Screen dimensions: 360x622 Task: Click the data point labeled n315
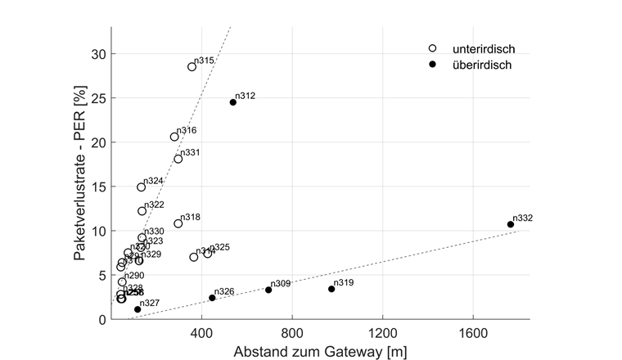click(192, 67)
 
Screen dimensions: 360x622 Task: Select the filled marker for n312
click(233, 102)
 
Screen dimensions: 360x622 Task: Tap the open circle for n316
click(174, 137)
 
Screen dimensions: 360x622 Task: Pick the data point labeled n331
click(178, 159)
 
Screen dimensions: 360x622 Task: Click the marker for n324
click(142, 187)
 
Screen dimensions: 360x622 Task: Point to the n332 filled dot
click(511, 224)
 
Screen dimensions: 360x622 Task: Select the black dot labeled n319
click(331, 289)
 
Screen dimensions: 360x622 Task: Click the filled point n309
click(268, 290)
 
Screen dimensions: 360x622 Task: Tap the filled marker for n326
click(212, 298)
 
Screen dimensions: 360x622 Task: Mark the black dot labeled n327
click(137, 309)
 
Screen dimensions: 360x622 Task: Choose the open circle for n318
click(178, 223)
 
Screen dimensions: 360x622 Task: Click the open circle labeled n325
click(208, 254)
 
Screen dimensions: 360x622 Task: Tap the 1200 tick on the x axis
click(382, 333)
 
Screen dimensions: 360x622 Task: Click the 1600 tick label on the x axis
click(472, 333)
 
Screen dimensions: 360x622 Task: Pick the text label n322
click(155, 205)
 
